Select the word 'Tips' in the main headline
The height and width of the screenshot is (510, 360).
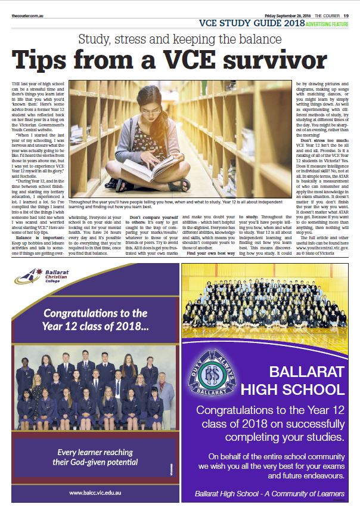45,61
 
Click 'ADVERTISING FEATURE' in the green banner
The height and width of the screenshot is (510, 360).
327,24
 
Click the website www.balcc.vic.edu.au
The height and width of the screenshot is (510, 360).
95,492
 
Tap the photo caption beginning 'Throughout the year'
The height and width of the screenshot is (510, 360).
179,206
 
